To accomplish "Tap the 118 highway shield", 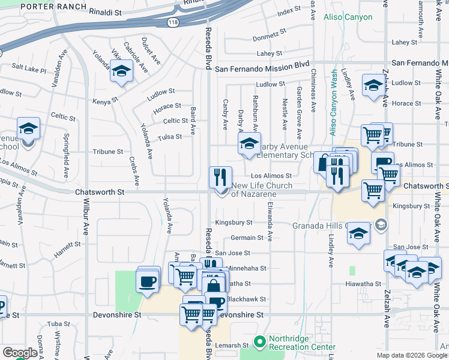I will coord(172,22).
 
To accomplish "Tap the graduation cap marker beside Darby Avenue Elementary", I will coord(250,143).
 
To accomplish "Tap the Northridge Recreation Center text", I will coord(302,343).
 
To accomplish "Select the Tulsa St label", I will coord(170,137).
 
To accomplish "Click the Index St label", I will coord(289,11).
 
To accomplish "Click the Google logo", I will coord(20,353).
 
